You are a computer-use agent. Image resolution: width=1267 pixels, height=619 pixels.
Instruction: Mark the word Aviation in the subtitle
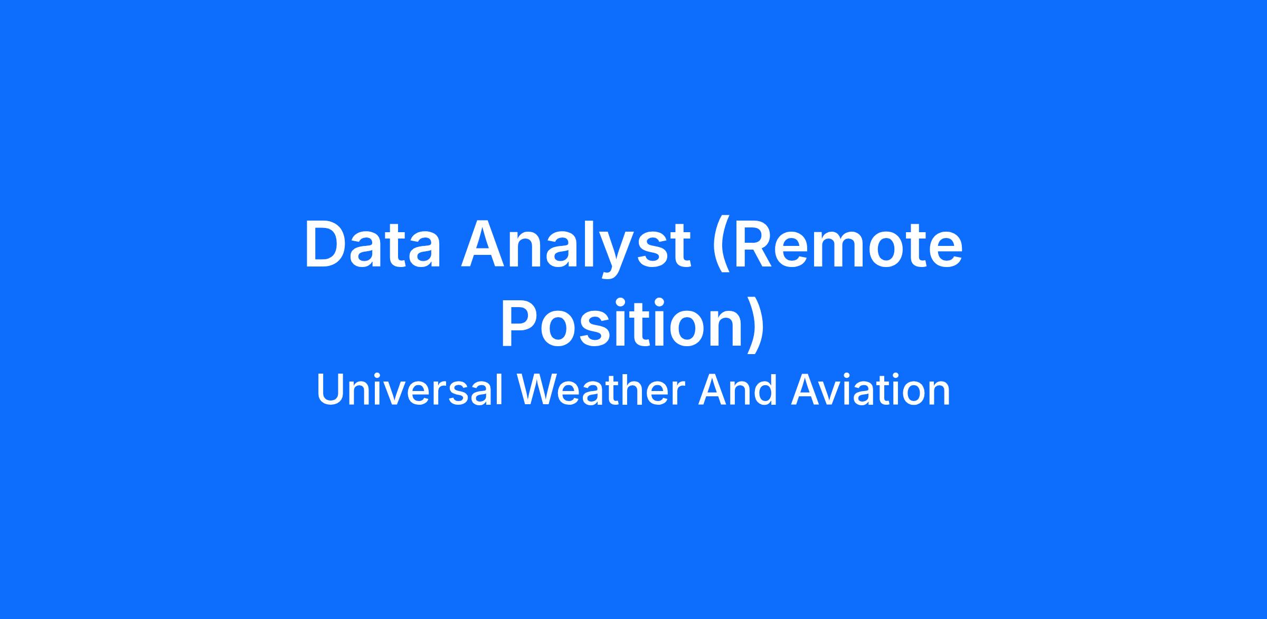tap(871, 390)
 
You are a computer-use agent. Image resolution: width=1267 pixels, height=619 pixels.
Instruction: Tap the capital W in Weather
tap(538, 390)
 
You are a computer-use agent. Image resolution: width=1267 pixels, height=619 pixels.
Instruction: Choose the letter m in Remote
tap(844, 251)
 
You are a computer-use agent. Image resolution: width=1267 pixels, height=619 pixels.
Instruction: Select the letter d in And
tap(766, 390)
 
